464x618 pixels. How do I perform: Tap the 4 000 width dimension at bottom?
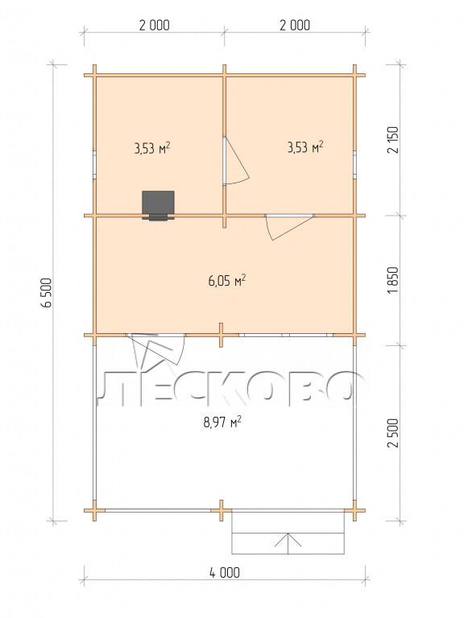(225, 572)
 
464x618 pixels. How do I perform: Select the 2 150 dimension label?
(394, 139)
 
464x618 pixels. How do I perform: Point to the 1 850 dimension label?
(394, 280)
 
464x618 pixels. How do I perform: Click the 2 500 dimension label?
(394, 432)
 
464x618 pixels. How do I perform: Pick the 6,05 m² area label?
(227, 281)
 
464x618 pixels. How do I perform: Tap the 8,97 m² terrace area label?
(222, 422)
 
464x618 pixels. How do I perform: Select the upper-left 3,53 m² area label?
(152, 149)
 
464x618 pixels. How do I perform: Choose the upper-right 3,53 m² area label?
(305, 147)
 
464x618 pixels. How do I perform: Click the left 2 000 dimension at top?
(155, 25)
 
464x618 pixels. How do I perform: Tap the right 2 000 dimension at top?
(295, 25)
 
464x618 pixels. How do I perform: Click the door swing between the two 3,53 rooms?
(236, 161)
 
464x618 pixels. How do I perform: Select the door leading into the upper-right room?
(290, 226)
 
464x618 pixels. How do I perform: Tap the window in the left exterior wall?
(95, 165)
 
